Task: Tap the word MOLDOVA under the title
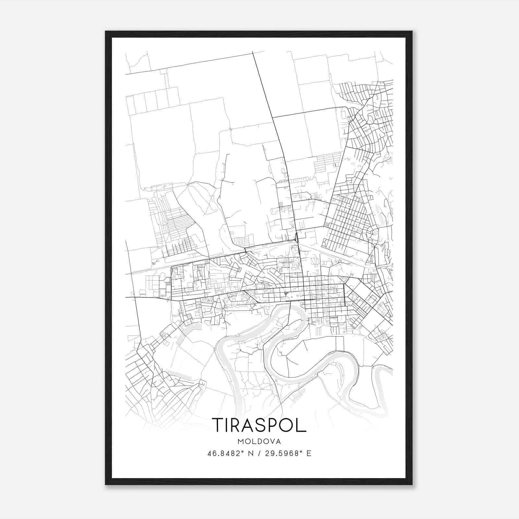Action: (259, 441)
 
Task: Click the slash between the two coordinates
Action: (259, 453)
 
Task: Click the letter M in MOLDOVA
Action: (240, 441)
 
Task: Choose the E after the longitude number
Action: (309, 453)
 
